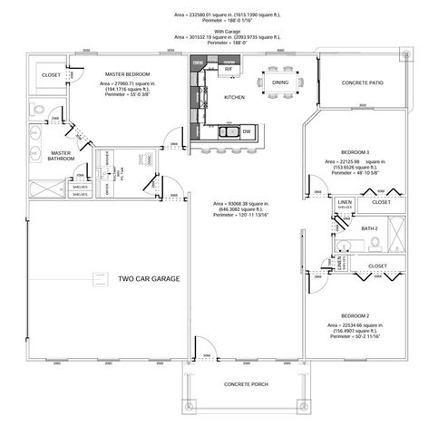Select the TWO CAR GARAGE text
pyautogui.click(x=148, y=279)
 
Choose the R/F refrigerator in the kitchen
pyautogui.click(x=229, y=69)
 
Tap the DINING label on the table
pyautogui.click(x=279, y=82)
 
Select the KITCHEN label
pyautogui.click(x=234, y=96)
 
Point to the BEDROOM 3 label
pyautogui.click(x=354, y=150)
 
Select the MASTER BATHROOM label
pyautogui.click(x=61, y=156)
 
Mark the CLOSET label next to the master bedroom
pyautogui.click(x=51, y=75)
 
